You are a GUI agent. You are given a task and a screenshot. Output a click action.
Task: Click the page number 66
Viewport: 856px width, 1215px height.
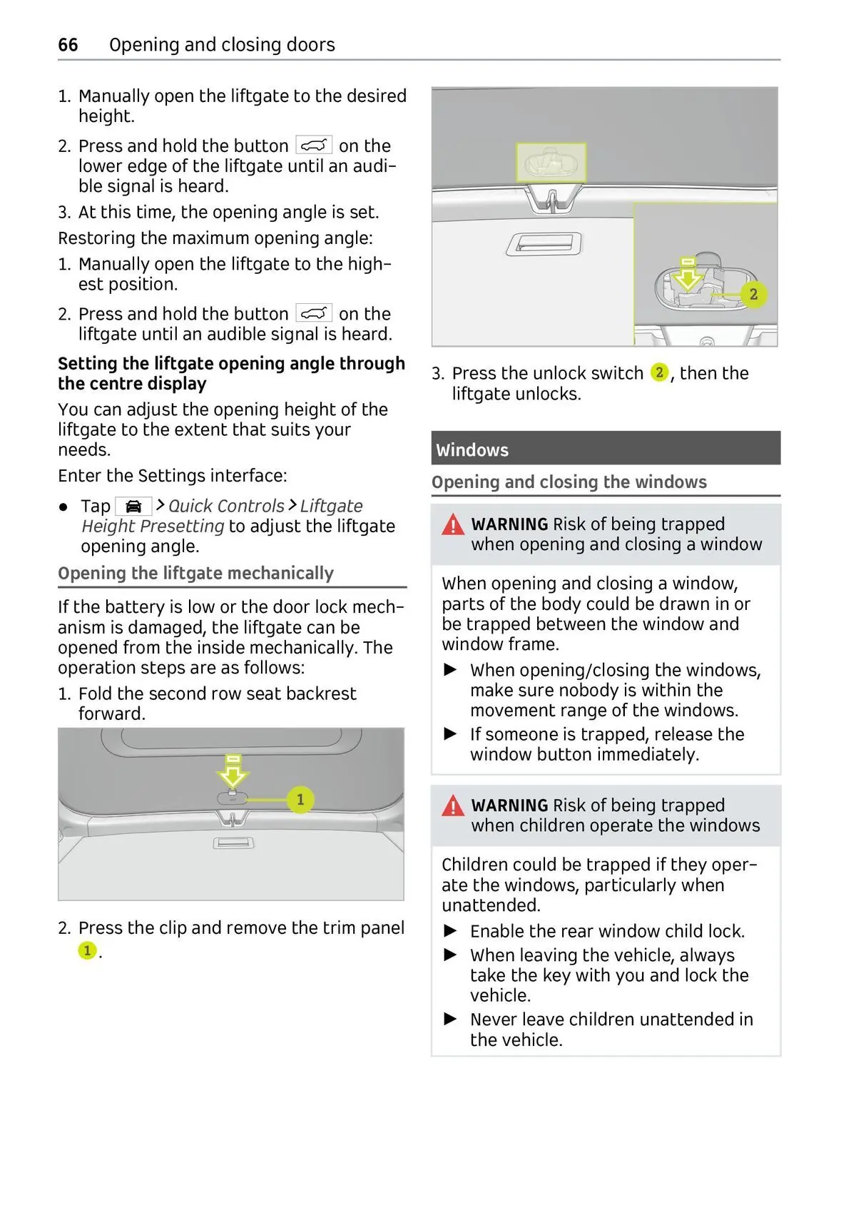[68, 45]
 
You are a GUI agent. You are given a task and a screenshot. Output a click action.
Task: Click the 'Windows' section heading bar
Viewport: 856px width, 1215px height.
[605, 449]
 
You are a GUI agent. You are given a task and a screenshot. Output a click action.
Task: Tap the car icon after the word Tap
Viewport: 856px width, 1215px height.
[133, 507]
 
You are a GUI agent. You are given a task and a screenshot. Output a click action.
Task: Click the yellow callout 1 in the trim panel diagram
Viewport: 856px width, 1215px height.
[300, 799]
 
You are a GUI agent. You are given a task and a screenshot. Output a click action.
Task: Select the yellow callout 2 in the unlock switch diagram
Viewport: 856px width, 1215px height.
[753, 294]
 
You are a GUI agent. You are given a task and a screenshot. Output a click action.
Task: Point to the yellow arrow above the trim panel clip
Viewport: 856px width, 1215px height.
[233, 771]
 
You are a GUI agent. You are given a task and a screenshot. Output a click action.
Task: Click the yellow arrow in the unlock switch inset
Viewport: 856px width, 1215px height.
[688, 275]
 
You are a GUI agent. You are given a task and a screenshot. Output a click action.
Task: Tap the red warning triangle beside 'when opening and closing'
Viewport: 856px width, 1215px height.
[453, 526]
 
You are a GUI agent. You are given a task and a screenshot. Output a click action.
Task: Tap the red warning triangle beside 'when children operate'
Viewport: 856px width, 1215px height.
[453, 807]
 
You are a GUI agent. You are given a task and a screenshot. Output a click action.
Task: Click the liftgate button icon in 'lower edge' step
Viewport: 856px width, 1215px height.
[314, 146]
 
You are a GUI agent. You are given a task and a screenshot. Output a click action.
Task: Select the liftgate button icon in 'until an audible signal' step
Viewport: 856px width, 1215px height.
[314, 313]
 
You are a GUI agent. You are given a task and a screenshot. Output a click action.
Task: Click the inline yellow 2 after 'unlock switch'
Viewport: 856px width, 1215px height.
[660, 372]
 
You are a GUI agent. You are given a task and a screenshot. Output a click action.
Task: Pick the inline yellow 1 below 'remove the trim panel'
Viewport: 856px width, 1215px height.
[87, 950]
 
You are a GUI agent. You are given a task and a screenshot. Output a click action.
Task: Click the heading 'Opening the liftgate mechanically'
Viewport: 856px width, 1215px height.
[195, 574]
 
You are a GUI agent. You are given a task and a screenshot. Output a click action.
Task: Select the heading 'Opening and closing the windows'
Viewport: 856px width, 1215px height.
[569, 482]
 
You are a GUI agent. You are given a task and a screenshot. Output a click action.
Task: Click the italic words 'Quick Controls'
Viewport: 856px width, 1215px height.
[226, 506]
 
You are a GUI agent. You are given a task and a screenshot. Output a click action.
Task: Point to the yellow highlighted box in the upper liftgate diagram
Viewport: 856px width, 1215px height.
[551, 162]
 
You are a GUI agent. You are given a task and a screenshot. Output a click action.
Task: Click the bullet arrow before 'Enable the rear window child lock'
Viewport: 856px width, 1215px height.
[450, 931]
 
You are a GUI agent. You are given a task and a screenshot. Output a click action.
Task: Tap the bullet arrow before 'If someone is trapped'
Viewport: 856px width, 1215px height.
[450, 733]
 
